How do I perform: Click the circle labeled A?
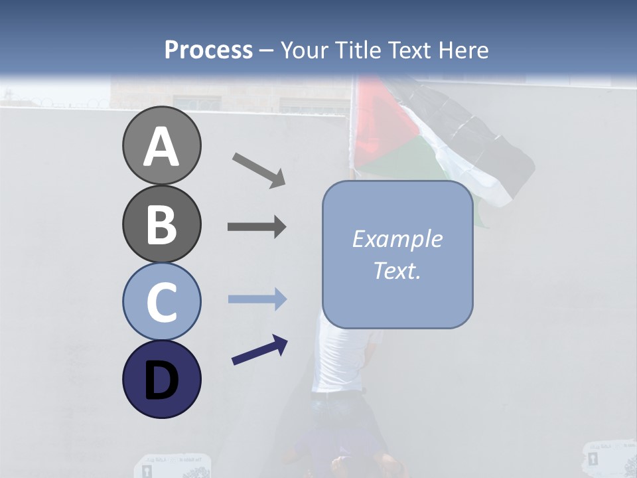coord(161,146)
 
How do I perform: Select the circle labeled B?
coord(161,224)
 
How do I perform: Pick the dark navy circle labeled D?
coord(161,379)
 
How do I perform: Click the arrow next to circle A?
coord(258,169)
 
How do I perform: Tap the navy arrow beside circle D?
coord(259,351)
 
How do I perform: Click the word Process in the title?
coord(208,50)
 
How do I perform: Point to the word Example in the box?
coord(397,239)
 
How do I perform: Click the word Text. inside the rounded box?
coord(397,270)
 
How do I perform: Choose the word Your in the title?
coord(303,50)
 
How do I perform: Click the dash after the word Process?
coord(267,50)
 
